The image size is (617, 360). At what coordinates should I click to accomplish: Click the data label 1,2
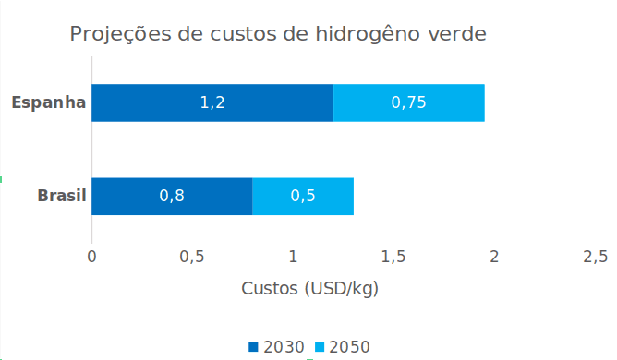click(212, 102)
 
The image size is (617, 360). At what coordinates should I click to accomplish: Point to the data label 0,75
click(408, 102)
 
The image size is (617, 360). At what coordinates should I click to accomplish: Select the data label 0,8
click(172, 196)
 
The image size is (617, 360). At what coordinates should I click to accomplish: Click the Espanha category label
click(49, 102)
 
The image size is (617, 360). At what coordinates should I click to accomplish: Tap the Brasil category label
click(62, 196)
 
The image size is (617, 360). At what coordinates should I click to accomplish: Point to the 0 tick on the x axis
click(91, 256)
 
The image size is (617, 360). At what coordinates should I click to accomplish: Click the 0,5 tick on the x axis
click(192, 256)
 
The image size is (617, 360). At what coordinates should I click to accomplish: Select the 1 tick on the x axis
click(293, 256)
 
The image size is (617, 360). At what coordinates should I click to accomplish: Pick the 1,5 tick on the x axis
click(393, 256)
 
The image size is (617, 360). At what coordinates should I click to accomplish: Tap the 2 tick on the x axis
click(494, 256)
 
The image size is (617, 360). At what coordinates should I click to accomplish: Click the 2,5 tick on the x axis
click(595, 256)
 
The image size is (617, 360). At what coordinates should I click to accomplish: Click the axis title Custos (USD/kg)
click(310, 288)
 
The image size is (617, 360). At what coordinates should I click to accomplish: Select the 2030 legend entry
click(277, 347)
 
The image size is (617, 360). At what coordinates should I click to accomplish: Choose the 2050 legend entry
click(344, 347)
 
